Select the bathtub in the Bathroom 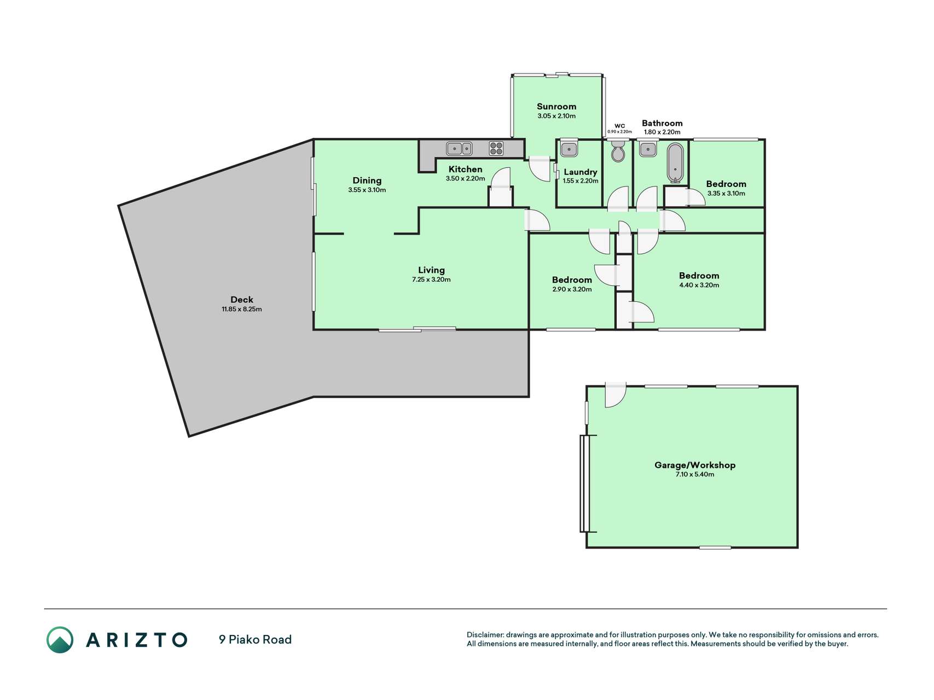[x=676, y=162]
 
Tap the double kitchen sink [x=460, y=148]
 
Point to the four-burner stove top [x=496, y=149]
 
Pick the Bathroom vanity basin [x=648, y=149]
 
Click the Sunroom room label [x=556, y=107]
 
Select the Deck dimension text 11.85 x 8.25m [x=242, y=309]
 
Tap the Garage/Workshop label [x=695, y=465]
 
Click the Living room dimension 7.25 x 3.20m [x=431, y=279]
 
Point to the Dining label [x=367, y=180]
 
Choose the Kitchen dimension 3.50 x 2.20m [x=466, y=178]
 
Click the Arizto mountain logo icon [x=60, y=640]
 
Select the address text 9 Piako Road [x=255, y=639]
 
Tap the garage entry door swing [x=616, y=395]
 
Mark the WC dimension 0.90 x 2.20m [x=620, y=132]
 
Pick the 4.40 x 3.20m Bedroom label [x=699, y=276]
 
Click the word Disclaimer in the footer [x=485, y=635]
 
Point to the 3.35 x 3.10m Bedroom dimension [x=726, y=193]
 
